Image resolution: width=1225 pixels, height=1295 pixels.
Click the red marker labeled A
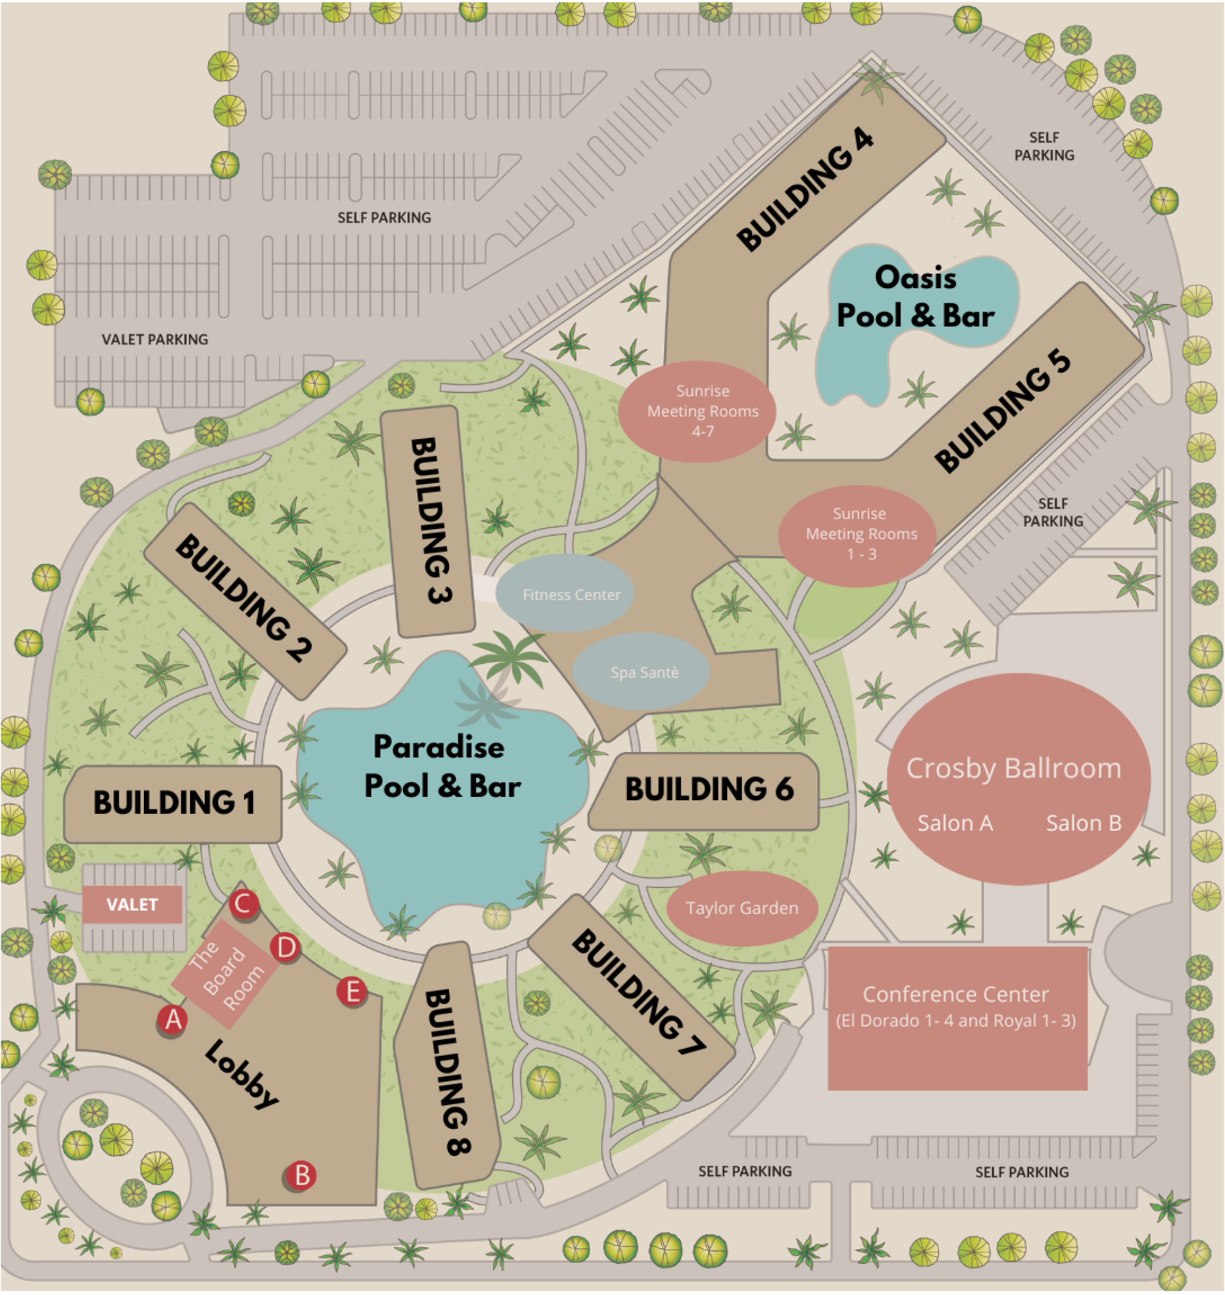click(172, 1020)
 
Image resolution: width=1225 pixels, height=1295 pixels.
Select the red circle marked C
click(244, 904)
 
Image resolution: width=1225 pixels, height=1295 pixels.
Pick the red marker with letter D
click(285, 948)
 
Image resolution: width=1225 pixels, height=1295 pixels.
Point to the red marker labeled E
click(352, 992)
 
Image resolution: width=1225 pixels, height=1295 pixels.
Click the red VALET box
click(132, 904)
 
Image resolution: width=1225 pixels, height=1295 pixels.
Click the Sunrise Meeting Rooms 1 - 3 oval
click(857, 534)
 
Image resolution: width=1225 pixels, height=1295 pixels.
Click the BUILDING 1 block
click(173, 803)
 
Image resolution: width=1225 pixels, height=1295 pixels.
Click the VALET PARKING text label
click(155, 340)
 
